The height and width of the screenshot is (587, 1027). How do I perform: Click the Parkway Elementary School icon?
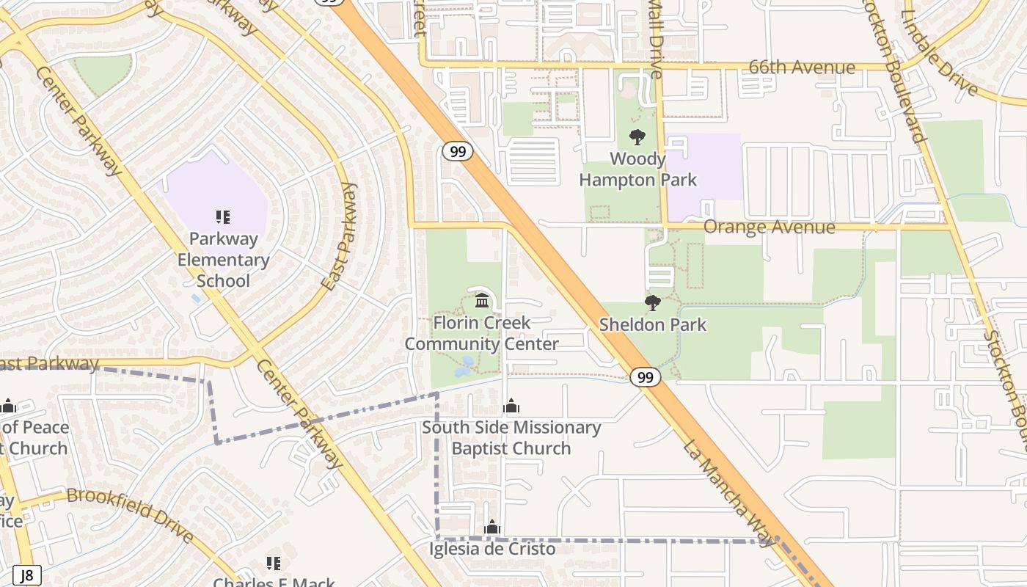tap(223, 217)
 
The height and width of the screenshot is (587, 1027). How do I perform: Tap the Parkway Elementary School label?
tap(224, 260)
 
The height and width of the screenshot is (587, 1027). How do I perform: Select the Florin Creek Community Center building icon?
tap(482, 300)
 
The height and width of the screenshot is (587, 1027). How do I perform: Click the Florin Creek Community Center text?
tap(482, 333)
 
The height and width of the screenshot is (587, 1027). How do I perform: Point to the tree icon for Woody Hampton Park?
tap(637, 137)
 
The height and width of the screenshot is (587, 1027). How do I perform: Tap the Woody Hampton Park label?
tap(637, 169)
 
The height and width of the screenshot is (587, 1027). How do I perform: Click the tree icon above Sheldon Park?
tap(652, 303)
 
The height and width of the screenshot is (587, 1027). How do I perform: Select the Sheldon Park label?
tap(653, 324)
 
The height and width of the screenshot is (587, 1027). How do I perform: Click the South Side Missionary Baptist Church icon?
tap(511, 406)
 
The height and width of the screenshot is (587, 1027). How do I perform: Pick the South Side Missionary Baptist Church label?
tap(511, 438)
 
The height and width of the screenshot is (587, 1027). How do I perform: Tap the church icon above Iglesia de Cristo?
tap(492, 527)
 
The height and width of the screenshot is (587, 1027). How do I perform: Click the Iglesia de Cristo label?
tap(492, 549)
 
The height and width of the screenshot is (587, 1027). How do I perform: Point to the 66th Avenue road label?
tap(802, 68)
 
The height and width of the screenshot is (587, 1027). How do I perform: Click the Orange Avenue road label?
tap(769, 227)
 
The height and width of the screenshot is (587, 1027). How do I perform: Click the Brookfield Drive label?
tap(131, 514)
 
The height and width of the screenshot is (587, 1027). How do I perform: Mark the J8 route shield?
tap(27, 576)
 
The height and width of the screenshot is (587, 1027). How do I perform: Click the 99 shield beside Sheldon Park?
tap(645, 377)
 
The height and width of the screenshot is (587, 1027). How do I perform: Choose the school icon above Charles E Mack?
tap(273, 564)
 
